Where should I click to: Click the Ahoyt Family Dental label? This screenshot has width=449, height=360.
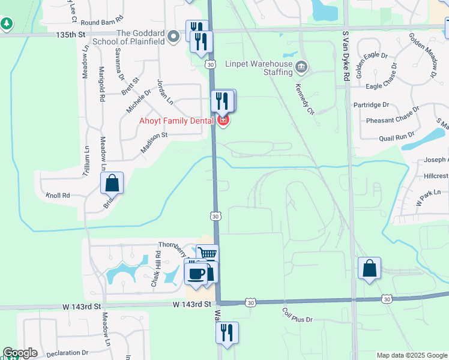(x=176, y=121)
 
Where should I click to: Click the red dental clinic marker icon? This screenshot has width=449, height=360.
(x=223, y=121)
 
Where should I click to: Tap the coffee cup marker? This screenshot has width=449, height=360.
(x=195, y=273)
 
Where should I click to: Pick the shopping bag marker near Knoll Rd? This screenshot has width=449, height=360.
(x=112, y=183)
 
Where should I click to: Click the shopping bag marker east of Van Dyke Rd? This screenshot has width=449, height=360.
(x=370, y=268)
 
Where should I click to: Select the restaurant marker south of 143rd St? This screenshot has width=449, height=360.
(x=227, y=332)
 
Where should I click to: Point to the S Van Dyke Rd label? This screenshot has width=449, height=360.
(x=346, y=57)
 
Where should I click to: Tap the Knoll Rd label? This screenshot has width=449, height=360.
(x=58, y=196)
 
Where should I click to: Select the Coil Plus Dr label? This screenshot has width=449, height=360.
(x=298, y=315)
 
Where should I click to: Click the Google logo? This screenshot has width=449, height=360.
(x=20, y=353)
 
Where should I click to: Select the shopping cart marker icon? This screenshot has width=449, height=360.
(x=208, y=254)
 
